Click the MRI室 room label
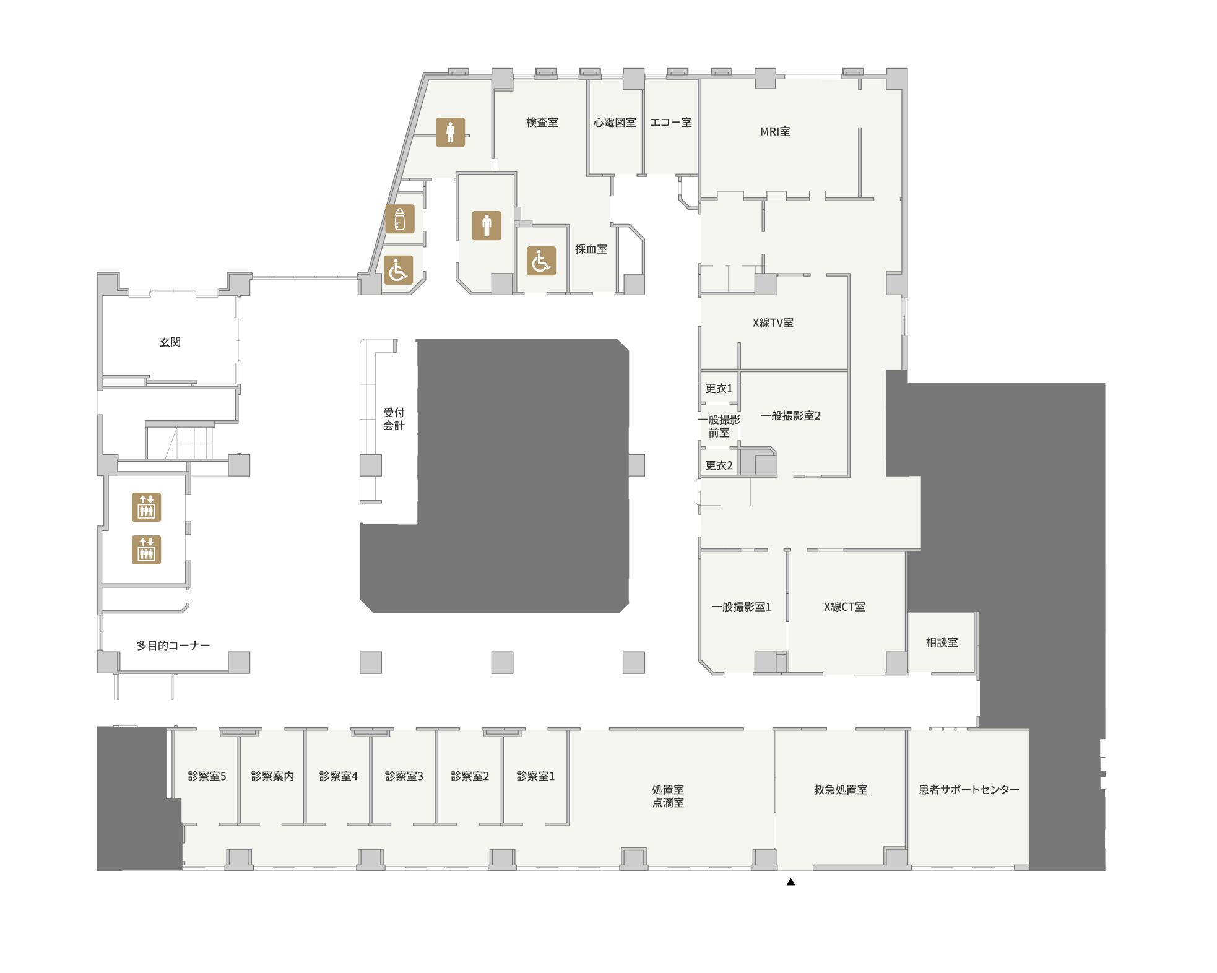pyautogui.click(x=775, y=131)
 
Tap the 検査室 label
pyautogui.click(x=542, y=123)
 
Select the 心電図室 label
pyautogui.click(x=615, y=123)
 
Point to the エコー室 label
pyautogui.click(x=671, y=123)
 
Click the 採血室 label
pyautogui.click(x=591, y=249)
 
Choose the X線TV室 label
pyautogui.click(x=773, y=322)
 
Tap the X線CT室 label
pyautogui.click(x=844, y=607)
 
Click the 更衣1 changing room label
pyautogui.click(x=719, y=388)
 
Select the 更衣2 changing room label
pyautogui.click(x=719, y=465)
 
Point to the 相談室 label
pyautogui.click(x=942, y=642)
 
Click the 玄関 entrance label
pyautogui.click(x=170, y=342)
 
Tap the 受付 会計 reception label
pyautogui.click(x=394, y=418)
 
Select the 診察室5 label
pyautogui.click(x=207, y=776)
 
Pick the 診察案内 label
pyautogui.click(x=272, y=776)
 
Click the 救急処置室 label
pyautogui.click(x=841, y=789)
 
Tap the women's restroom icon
pyautogui.click(x=450, y=132)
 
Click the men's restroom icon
pyautogui.click(x=487, y=225)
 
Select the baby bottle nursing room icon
pyautogui.click(x=400, y=219)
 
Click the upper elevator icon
pyautogui.click(x=146, y=507)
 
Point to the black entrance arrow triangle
pyautogui.click(x=790, y=882)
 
